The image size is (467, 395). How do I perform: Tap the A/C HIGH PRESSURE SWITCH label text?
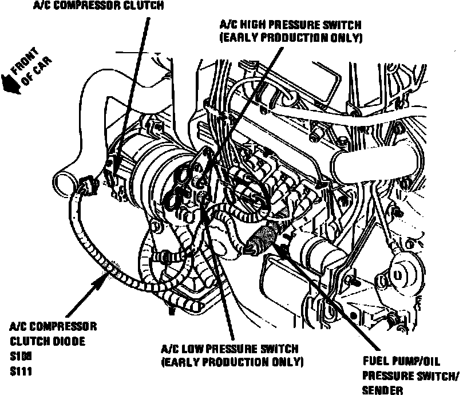point(291,25)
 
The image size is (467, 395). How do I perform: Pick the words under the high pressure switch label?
point(291,38)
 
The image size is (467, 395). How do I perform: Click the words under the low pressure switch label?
point(232,362)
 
